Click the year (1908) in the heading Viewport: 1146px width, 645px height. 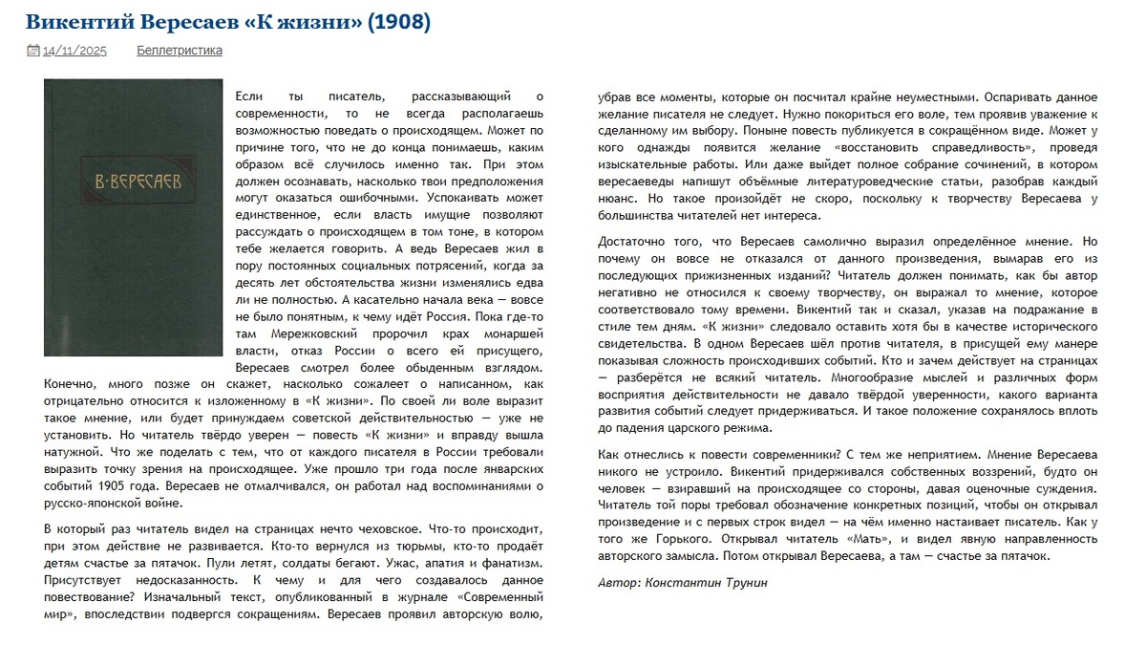398,21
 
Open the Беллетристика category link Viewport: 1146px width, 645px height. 180,51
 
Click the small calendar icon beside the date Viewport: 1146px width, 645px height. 32,51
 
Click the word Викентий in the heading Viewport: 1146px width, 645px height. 74,21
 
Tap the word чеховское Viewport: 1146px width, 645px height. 382,528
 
